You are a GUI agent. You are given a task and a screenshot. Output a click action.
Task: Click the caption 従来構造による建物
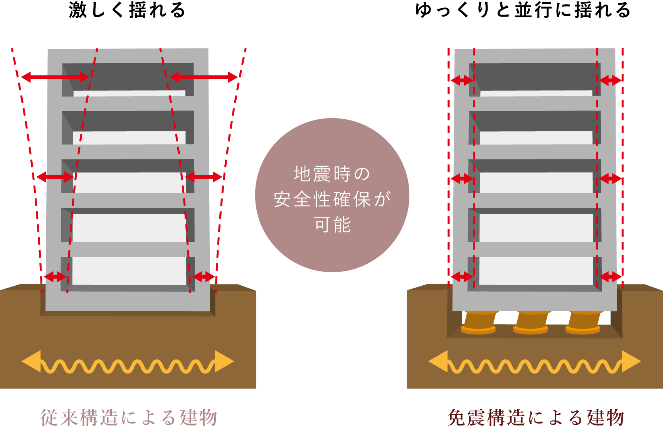click(x=129, y=417)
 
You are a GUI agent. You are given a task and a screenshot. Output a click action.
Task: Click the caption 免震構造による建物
click(x=536, y=417)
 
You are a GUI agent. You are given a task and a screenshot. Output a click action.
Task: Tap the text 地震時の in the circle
click(x=332, y=174)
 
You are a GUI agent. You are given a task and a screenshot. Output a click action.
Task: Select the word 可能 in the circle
click(x=332, y=224)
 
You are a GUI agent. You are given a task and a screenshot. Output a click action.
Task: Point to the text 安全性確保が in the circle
click(x=332, y=199)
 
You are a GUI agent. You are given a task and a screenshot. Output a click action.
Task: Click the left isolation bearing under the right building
click(x=479, y=322)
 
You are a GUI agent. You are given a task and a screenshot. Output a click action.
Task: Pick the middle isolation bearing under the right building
click(x=531, y=322)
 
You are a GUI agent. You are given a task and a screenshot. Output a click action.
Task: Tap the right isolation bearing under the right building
click(x=583, y=322)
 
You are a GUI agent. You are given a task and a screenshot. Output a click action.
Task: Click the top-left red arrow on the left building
click(x=55, y=77)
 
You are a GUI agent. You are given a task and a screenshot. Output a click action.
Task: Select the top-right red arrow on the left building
click(x=204, y=77)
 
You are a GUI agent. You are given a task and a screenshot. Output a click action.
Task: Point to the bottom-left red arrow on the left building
click(x=55, y=276)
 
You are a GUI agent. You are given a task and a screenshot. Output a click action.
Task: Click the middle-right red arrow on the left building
click(x=204, y=177)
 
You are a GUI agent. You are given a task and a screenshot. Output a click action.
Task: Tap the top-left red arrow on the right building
click(x=462, y=80)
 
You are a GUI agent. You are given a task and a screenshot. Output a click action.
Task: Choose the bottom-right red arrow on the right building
click(x=610, y=276)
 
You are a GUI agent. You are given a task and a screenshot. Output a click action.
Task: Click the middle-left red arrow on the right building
click(x=462, y=178)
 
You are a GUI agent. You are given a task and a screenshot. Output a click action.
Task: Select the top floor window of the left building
click(x=128, y=79)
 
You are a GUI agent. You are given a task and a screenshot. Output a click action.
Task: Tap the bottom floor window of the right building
click(x=536, y=271)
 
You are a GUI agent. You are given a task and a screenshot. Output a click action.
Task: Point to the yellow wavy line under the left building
click(x=127, y=366)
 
